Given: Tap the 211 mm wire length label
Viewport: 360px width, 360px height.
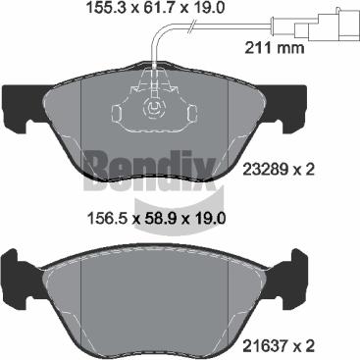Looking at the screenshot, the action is coord(275,48).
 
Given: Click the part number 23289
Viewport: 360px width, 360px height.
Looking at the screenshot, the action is coord(264,170).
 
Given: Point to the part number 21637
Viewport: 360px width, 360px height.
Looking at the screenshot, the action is coord(264,345).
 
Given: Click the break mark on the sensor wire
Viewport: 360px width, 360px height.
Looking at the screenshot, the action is coord(192,26).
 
